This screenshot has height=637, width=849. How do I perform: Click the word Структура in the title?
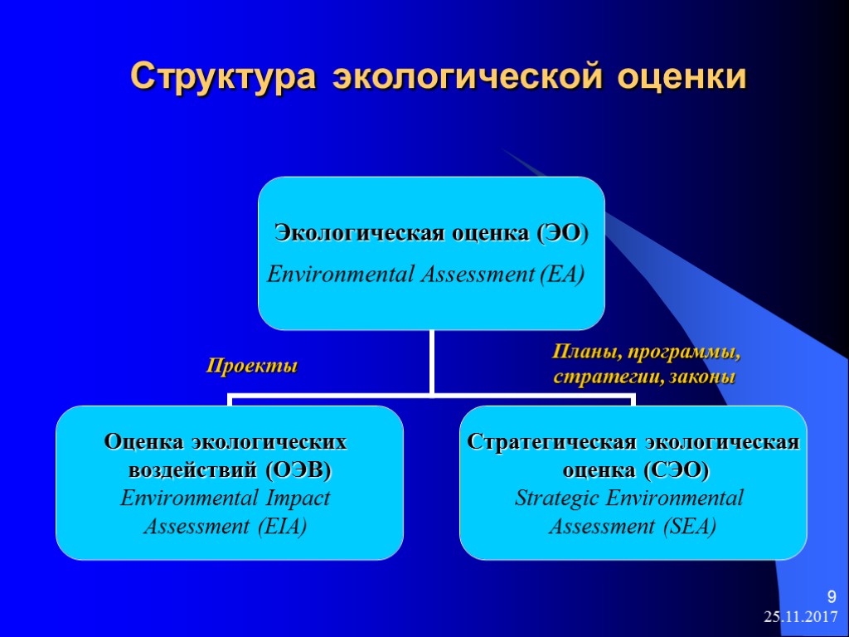pyautogui.click(x=223, y=77)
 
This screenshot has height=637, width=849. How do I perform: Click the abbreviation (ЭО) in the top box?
pyautogui.click(x=562, y=233)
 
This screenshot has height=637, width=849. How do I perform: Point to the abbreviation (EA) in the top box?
pyautogui.click(x=561, y=274)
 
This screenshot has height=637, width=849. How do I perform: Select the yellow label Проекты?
pyautogui.click(x=251, y=366)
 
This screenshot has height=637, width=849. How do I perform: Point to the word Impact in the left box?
pyautogui.click(x=297, y=498)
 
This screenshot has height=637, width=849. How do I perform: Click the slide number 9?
pyautogui.click(x=832, y=596)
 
